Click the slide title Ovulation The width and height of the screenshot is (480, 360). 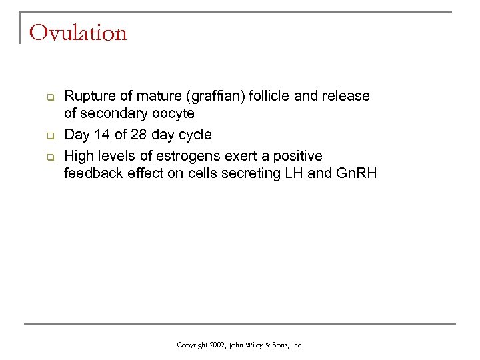point(78,33)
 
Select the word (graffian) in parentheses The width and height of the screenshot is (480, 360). point(214,96)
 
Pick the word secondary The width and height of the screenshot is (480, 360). point(109,113)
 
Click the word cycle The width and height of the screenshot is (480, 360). point(193,135)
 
